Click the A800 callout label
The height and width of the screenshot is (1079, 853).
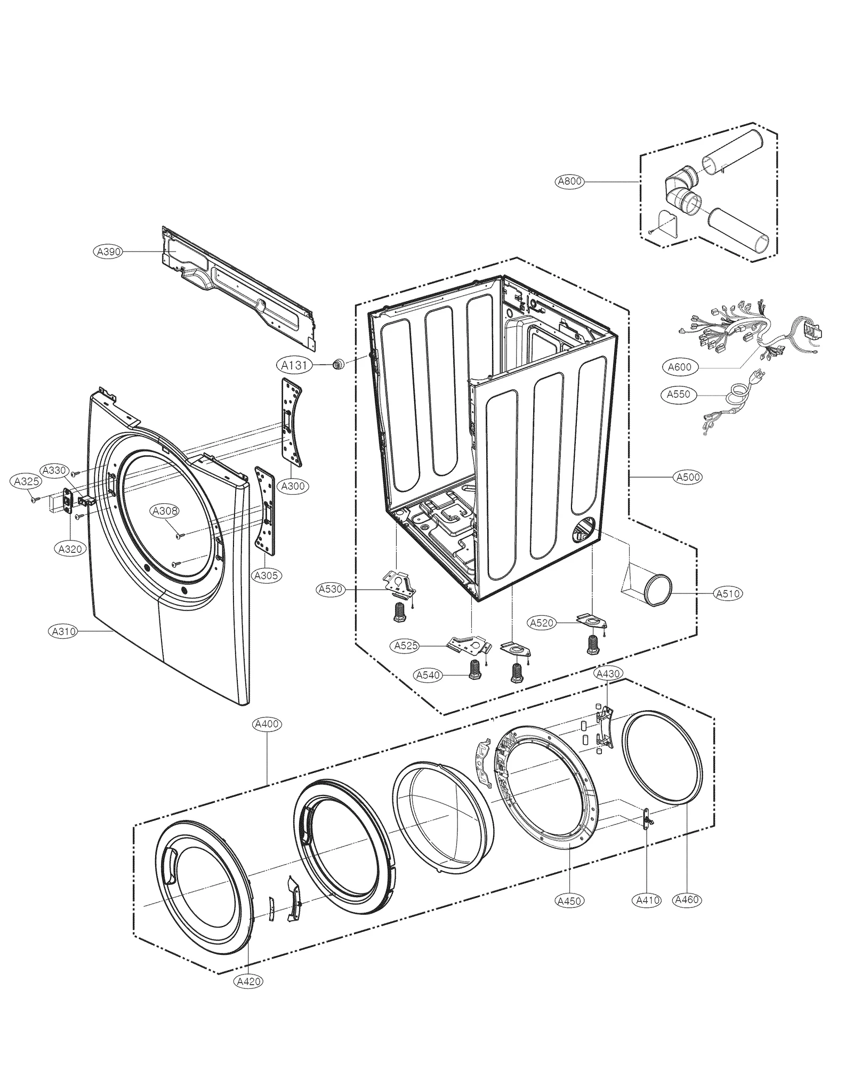click(x=570, y=181)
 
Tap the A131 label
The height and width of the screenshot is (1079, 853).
click(x=294, y=365)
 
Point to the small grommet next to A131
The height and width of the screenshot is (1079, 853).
click(x=337, y=365)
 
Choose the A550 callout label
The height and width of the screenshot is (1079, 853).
click(x=679, y=394)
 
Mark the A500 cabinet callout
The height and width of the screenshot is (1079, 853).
click(x=688, y=477)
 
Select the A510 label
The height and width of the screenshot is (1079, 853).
click(x=728, y=593)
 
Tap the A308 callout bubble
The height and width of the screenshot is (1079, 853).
click(x=165, y=511)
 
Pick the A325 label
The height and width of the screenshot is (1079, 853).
click(x=27, y=482)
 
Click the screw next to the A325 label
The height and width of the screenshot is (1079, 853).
click(x=35, y=500)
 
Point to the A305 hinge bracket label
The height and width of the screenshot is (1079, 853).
click(x=267, y=575)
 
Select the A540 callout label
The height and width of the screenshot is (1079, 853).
click(x=428, y=675)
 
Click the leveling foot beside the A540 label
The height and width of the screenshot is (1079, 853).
click(x=473, y=670)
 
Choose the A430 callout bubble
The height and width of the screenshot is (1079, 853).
click(x=608, y=673)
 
